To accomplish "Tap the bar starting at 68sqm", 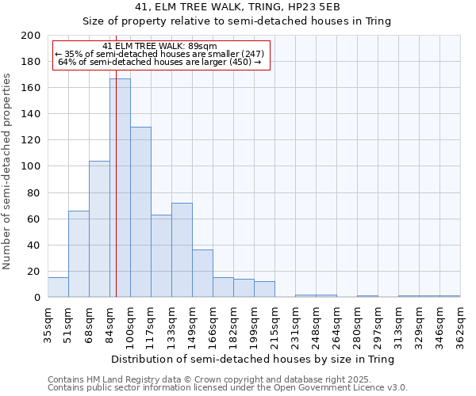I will [x=99, y=229].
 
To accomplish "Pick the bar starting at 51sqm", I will [x=79, y=253].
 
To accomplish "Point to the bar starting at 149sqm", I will [x=202, y=273].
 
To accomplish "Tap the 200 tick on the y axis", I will [x=32, y=36].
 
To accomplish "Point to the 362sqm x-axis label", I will [x=460, y=325].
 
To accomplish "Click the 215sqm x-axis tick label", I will [x=274, y=325].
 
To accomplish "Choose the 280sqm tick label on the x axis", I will [x=357, y=325].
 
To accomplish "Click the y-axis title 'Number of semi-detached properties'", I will [x=8, y=171].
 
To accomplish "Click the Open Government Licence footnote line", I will [x=228, y=387].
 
